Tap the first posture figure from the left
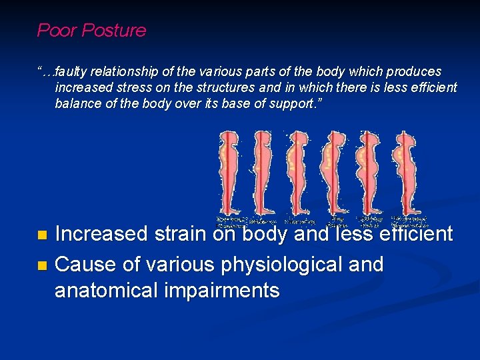pyautogui.click(x=229, y=171)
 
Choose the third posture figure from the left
pyautogui.click(x=298, y=171)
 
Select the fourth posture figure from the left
pyautogui.click(x=333, y=171)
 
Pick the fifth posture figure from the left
pyautogui.click(x=367, y=171)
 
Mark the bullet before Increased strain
pyautogui.click(x=43, y=235)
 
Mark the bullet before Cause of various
pyautogui.click(x=43, y=265)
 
